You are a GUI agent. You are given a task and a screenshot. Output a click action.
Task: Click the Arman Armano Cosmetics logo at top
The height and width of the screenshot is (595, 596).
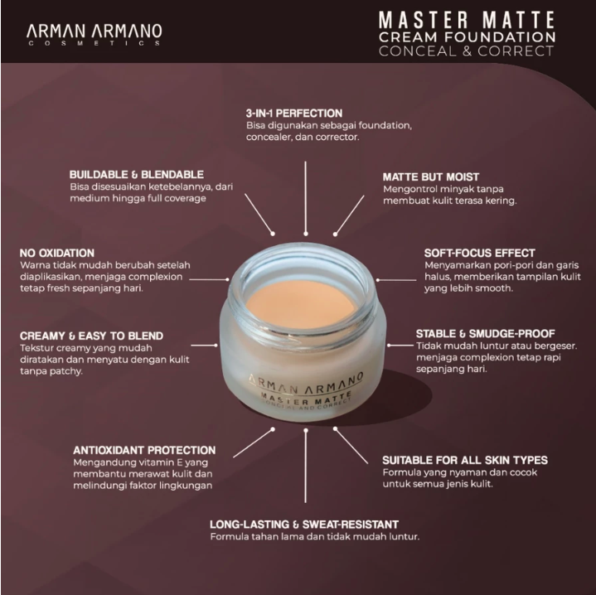click(94, 33)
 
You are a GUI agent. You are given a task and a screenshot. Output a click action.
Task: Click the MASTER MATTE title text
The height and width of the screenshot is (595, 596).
click(466, 18)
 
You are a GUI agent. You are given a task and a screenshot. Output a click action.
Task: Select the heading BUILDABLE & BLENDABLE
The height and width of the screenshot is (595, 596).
click(137, 174)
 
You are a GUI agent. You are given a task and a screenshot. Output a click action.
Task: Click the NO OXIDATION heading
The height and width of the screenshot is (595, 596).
click(56, 252)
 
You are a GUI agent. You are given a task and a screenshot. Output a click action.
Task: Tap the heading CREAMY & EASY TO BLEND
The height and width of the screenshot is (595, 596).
click(91, 336)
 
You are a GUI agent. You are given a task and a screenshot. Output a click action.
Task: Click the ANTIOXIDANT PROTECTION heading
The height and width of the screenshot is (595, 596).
click(144, 450)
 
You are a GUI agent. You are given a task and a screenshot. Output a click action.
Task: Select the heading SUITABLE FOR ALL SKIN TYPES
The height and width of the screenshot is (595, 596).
click(464, 459)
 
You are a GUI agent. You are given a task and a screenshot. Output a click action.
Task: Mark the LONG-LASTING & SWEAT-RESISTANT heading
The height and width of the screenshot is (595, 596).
click(304, 524)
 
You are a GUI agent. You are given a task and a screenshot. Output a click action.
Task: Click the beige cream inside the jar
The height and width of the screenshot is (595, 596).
click(300, 299)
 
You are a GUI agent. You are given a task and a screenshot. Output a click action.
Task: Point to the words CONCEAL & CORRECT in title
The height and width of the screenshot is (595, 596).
click(466, 51)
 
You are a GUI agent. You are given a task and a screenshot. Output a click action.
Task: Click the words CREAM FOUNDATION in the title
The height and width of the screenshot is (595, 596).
click(466, 36)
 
